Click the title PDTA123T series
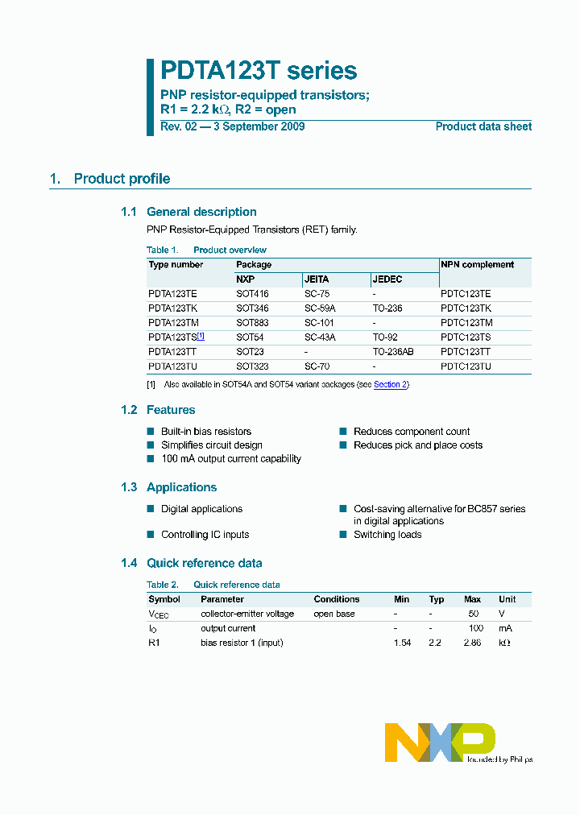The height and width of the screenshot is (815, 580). (259, 71)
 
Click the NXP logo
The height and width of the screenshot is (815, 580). (439, 742)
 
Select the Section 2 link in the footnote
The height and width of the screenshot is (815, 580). (390, 385)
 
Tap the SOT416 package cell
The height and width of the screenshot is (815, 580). (252, 294)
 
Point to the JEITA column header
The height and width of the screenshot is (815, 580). (317, 279)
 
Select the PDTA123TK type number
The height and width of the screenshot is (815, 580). (172, 308)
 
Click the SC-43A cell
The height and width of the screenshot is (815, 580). (320, 337)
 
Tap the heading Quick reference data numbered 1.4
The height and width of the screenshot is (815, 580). (204, 564)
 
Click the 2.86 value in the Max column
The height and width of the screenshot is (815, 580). (472, 643)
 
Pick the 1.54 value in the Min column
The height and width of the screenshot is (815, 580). (402, 643)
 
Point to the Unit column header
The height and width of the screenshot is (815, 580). (507, 599)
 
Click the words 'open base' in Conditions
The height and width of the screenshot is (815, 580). (333, 614)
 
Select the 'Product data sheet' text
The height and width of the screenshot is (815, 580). (483, 126)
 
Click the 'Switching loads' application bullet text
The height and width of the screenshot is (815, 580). (387, 535)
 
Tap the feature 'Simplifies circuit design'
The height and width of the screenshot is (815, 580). (212, 445)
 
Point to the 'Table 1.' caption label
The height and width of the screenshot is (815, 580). (161, 250)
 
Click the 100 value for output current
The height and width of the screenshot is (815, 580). (475, 628)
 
